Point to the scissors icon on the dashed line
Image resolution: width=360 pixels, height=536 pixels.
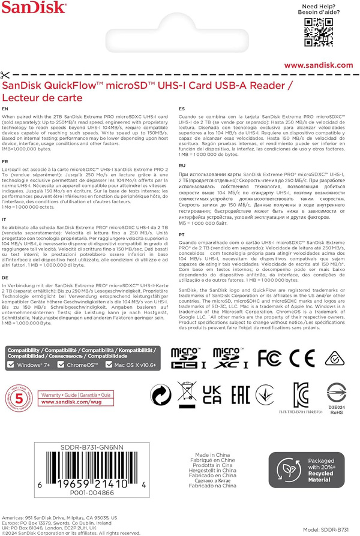pyautogui.click(x=6, y=75)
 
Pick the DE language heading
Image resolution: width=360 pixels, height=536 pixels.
pyautogui.click(x=5, y=278)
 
